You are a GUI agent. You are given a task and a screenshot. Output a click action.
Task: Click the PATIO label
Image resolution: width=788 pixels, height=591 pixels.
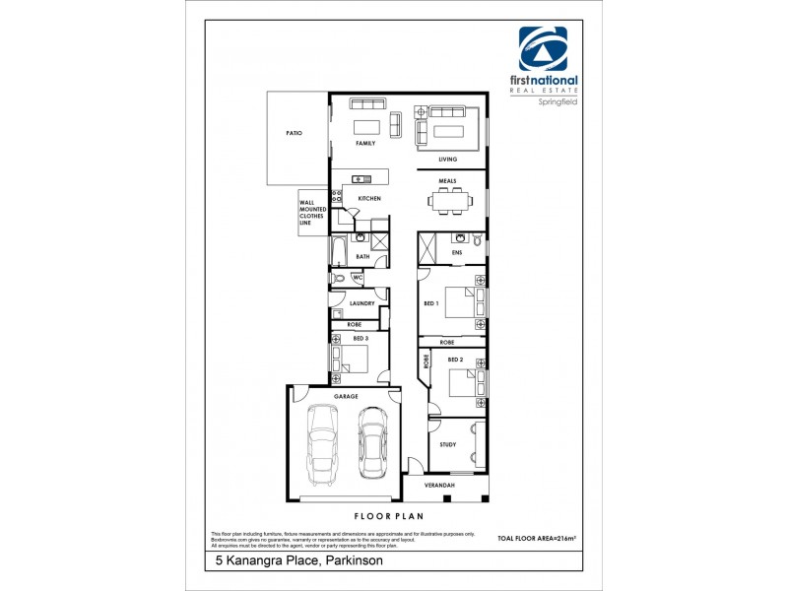(294, 132)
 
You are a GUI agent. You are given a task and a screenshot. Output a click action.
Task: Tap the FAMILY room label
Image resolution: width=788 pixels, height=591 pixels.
(366, 143)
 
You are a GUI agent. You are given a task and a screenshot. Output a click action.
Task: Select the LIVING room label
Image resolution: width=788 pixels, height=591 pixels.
(448, 159)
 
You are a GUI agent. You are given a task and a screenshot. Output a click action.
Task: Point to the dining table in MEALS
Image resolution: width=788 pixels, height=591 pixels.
(451, 201)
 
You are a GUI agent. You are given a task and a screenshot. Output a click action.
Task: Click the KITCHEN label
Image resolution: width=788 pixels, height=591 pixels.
(369, 199)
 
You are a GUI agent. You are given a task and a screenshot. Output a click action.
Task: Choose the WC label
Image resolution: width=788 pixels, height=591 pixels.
(358, 279)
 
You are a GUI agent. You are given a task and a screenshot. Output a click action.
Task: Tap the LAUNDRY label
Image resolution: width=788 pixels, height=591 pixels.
(361, 303)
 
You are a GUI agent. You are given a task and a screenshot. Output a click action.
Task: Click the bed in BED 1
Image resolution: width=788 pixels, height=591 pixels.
(462, 303)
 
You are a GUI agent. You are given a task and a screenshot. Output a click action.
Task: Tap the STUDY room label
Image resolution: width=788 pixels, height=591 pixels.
(448, 444)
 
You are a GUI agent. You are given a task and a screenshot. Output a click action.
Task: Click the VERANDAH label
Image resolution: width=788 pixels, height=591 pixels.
(440, 486)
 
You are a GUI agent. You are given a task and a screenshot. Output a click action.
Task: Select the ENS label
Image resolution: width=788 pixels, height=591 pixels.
(456, 253)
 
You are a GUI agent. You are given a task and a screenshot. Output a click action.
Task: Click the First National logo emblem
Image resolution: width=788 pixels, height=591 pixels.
(543, 49)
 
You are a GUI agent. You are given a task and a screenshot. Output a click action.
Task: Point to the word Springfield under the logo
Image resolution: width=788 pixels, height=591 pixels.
(557, 101)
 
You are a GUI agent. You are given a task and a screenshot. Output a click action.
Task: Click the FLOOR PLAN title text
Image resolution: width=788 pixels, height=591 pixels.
(387, 515)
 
